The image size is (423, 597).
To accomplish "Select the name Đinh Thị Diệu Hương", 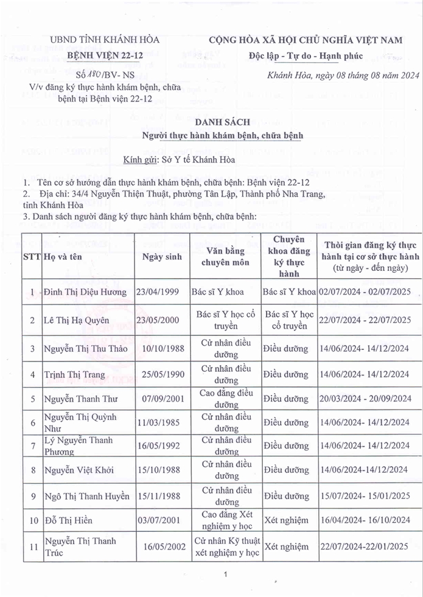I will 85,292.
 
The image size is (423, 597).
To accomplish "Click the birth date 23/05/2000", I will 158,320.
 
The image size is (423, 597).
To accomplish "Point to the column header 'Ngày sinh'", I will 162,256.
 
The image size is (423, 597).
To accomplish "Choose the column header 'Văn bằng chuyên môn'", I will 226,256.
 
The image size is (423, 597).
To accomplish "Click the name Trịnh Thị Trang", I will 74,375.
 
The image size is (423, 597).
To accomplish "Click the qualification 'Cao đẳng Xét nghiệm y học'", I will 226,520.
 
